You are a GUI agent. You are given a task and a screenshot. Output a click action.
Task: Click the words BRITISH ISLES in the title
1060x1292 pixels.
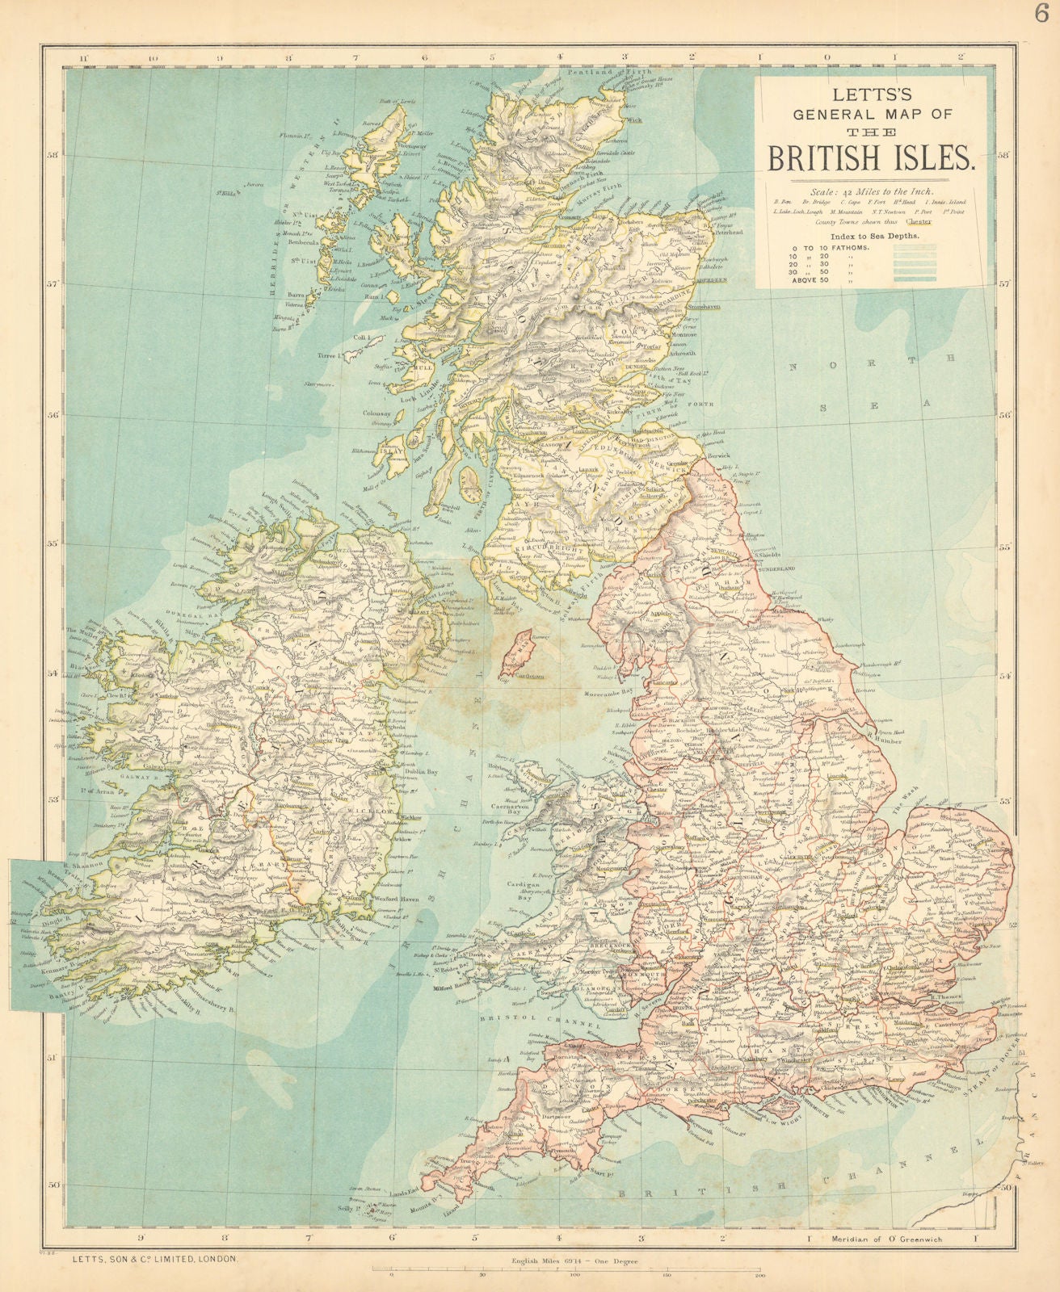(x=871, y=156)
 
